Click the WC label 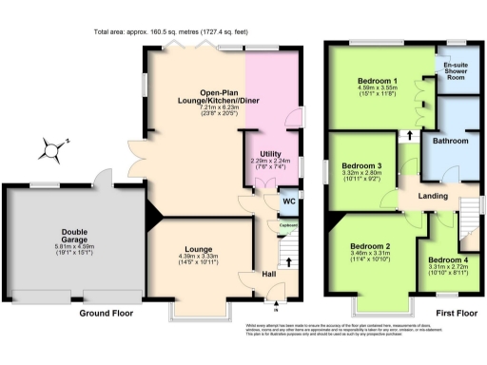click(286, 202)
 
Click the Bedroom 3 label click(361, 166)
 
